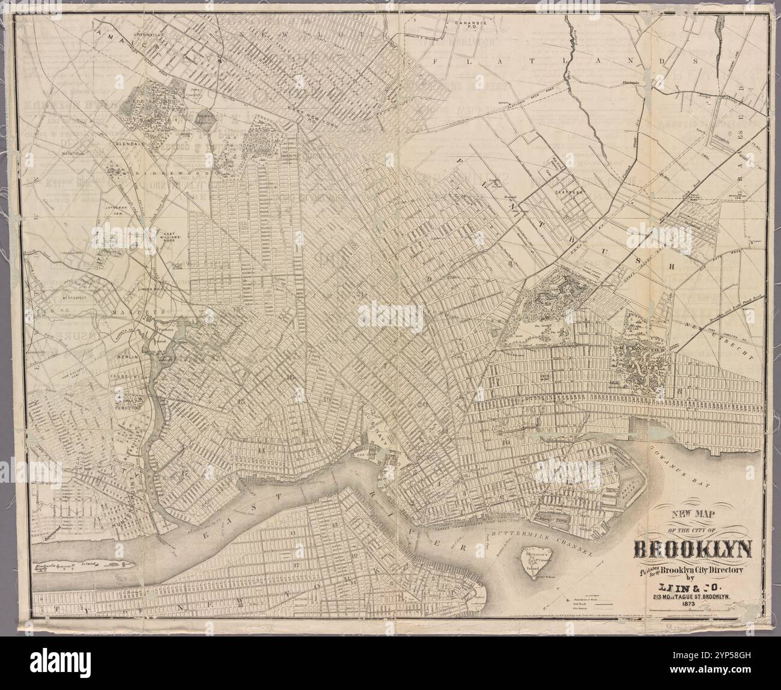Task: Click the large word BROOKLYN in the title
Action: point(694,550)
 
